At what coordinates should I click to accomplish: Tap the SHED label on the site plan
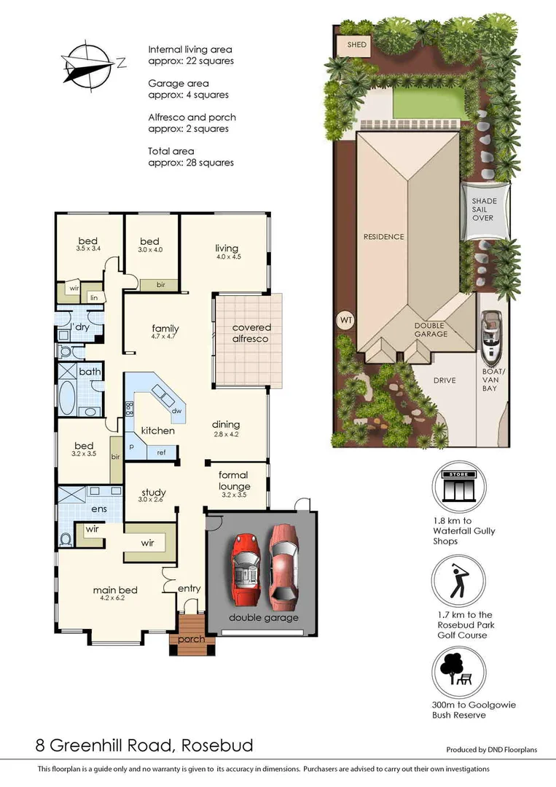(356, 45)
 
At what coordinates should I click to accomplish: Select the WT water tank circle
(344, 319)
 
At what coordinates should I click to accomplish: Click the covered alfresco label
(251, 334)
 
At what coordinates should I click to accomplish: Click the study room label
(152, 492)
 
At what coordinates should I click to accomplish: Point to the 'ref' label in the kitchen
(161, 453)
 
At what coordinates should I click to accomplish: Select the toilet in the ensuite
(66, 539)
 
